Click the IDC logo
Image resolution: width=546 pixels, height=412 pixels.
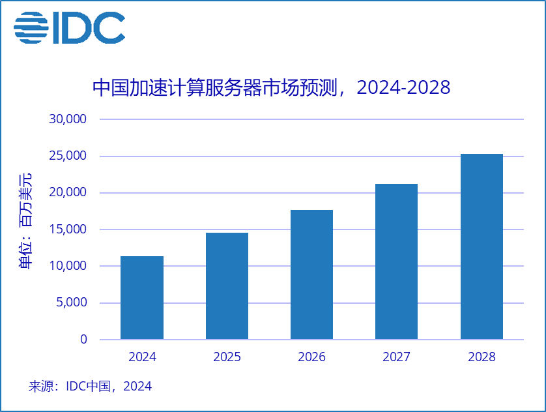pos(69,28)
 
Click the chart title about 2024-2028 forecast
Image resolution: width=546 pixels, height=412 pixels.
pos(272,87)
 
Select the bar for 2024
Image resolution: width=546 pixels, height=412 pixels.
pos(142,297)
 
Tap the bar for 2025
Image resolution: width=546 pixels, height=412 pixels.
pos(227,286)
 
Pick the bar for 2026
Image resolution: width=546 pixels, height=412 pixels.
pos(311,274)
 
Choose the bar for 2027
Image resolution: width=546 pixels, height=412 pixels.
pos(396,261)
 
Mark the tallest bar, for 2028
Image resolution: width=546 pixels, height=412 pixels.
pos(481,246)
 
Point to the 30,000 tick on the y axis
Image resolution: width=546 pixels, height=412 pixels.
pos(68,119)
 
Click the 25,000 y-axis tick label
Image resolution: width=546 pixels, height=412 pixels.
pos(68,156)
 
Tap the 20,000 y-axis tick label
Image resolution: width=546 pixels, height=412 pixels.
pos(68,192)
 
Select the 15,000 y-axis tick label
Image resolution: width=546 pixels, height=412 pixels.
pos(68,229)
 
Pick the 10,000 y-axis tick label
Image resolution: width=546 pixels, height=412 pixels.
pos(68,266)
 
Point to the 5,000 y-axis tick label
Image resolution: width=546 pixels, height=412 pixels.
pos(71,302)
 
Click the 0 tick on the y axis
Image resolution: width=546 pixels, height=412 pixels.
pos(83,339)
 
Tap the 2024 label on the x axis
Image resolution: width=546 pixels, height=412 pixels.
pos(142,357)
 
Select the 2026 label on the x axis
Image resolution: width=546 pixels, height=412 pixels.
pos(311,357)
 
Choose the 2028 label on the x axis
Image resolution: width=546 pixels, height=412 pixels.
pos(481,357)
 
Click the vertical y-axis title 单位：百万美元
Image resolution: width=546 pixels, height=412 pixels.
pos(24,222)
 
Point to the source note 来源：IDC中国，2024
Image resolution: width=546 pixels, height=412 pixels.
pos(90,386)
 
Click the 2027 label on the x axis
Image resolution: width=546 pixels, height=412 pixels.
pos(396,357)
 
